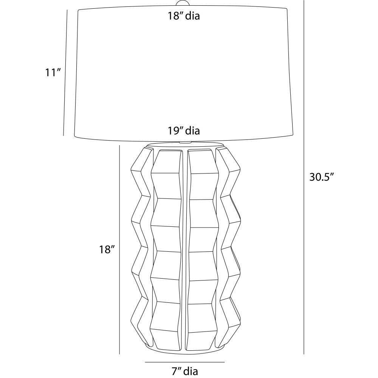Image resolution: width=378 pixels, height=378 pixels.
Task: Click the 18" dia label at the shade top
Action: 184,16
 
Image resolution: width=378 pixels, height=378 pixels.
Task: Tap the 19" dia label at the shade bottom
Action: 184,131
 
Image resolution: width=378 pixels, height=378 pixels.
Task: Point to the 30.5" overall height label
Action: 321,177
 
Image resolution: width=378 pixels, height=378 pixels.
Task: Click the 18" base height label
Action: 107,249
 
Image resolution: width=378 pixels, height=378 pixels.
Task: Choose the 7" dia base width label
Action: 185,371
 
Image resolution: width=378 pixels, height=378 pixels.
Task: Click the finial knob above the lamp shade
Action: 183,3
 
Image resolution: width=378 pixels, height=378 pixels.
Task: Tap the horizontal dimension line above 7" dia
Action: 185,362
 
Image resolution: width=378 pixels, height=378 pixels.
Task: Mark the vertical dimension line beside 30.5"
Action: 304,177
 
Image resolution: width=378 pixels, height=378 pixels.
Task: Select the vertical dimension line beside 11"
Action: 65,73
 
